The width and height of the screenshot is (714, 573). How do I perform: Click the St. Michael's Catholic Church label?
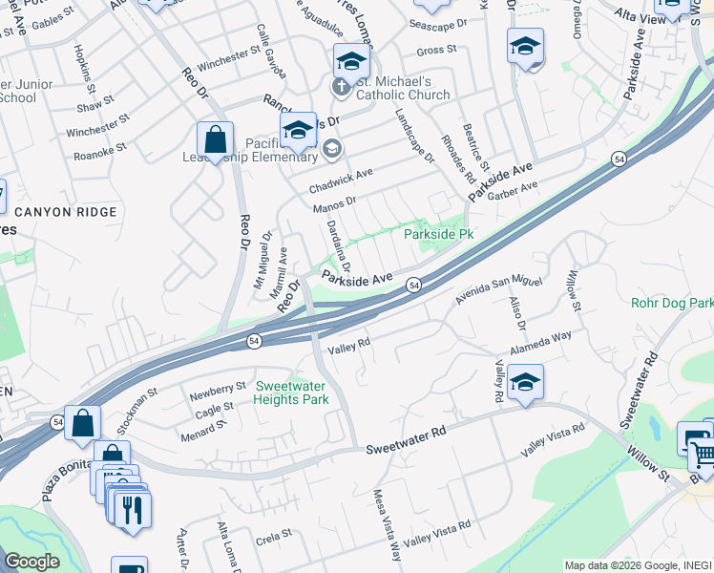point(403,89)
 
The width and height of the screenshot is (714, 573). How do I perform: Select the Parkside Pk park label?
point(439,233)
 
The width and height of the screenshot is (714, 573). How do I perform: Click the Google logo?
point(32,562)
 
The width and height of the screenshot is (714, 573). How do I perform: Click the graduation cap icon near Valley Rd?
point(525,383)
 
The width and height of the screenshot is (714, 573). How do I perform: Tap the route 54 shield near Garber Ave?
point(620,160)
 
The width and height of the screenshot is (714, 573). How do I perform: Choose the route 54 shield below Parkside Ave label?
point(414,285)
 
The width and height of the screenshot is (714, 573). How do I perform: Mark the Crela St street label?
point(273,538)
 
